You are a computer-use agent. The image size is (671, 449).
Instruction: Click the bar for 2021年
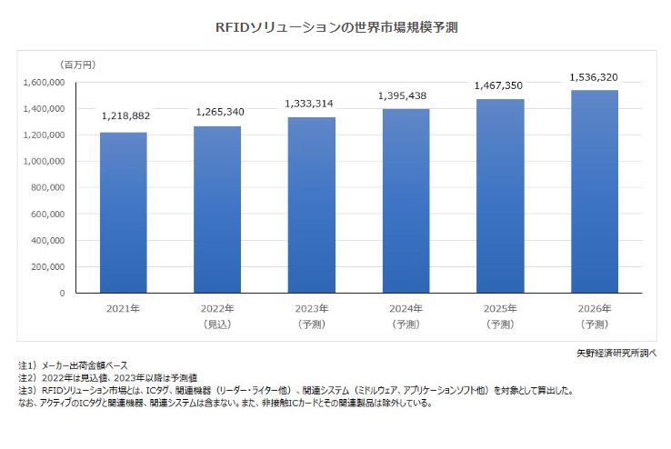[123, 213]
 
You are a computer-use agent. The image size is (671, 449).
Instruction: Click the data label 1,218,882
[123, 117]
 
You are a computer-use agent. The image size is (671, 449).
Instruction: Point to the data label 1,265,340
[218, 112]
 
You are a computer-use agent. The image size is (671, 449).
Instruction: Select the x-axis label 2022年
[217, 309]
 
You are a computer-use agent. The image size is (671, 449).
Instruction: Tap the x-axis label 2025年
[499, 309]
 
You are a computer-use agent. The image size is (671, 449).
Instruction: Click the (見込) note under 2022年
[217, 324]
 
